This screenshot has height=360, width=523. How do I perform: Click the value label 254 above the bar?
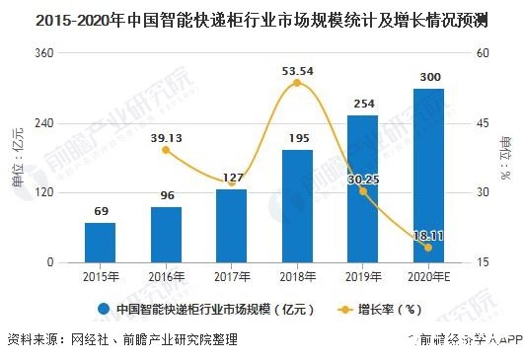pos(363,104)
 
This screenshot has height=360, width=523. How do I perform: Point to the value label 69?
pos(100,212)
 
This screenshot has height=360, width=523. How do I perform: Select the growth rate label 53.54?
pos(297,70)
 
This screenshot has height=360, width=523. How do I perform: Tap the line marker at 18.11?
pos(428,248)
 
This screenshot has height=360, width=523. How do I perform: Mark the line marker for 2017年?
pos(232,183)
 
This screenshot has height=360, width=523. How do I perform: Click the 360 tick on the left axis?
pos(43,53)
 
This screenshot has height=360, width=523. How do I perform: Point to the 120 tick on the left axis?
pos(43,193)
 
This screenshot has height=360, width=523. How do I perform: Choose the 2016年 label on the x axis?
pos(166,275)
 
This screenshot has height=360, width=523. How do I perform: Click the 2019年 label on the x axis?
pos(363,275)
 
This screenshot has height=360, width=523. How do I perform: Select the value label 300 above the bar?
pos(428,77)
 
